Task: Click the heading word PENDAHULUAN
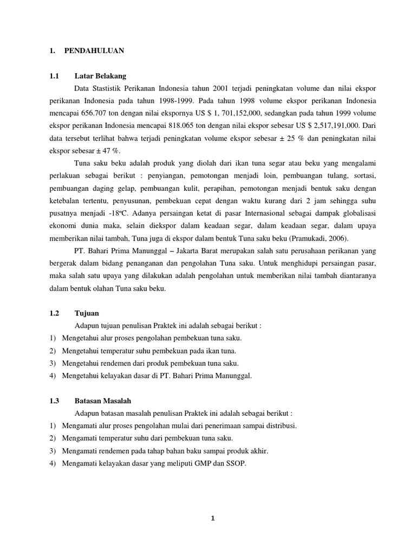[94, 50]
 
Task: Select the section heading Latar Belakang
[100, 76]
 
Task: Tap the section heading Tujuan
[87, 313]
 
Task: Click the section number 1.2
[54, 313]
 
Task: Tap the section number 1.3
[54, 401]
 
